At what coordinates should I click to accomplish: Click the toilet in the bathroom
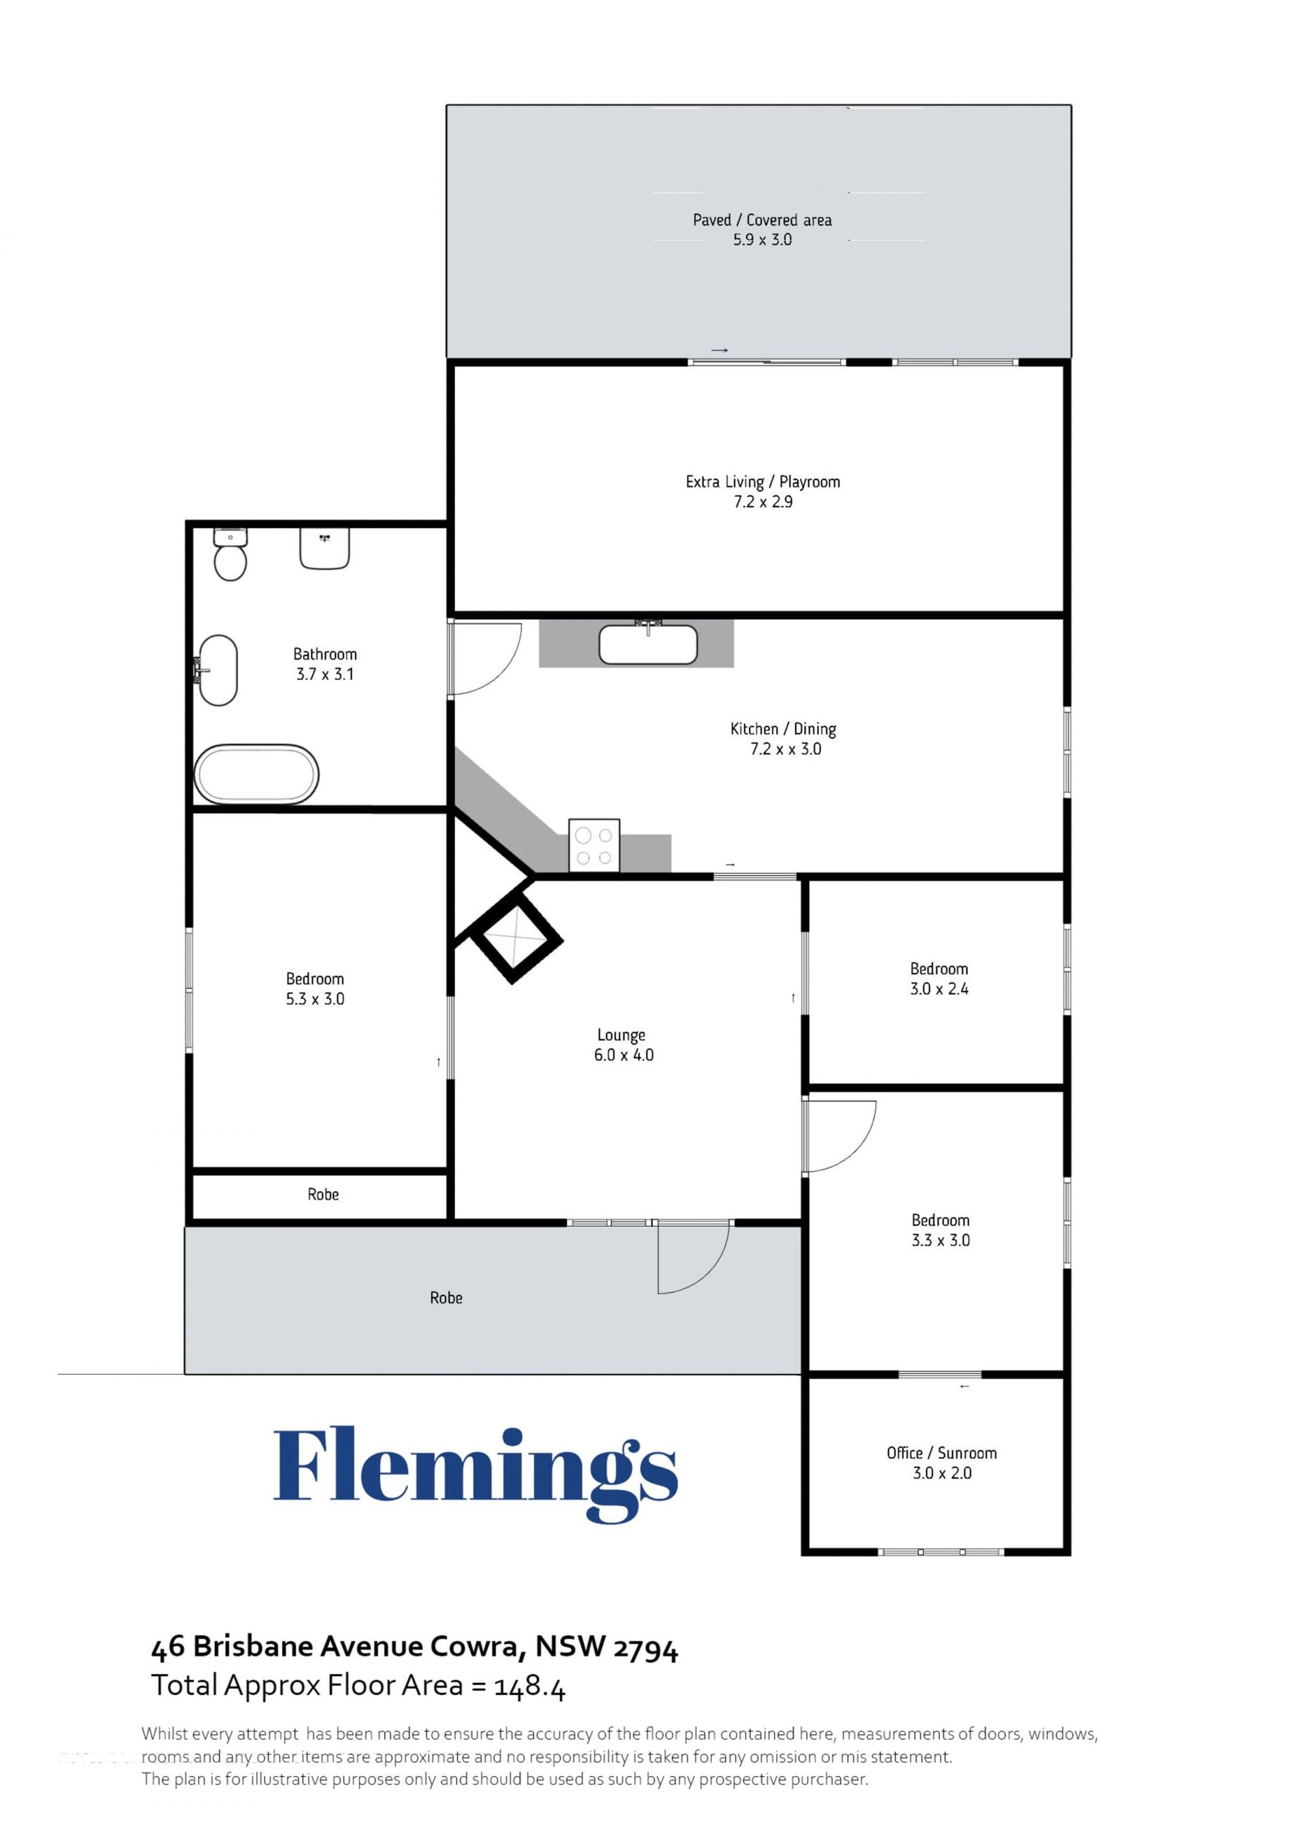point(230,554)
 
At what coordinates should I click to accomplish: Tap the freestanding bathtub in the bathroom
point(256,774)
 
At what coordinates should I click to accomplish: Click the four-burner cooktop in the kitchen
point(595,845)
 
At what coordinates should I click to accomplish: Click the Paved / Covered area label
point(763,220)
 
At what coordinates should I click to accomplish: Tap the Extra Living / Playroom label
point(763,481)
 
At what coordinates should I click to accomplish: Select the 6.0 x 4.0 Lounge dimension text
point(624,1055)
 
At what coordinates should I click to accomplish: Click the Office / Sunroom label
point(941,1453)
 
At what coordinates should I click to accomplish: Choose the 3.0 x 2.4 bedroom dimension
point(939,989)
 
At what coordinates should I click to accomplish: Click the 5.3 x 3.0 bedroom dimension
point(315,999)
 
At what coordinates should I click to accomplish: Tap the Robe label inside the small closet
point(323,1195)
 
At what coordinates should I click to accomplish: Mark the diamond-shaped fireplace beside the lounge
point(516,939)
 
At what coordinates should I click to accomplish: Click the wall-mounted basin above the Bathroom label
point(325,548)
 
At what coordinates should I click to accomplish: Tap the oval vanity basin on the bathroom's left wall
point(217,670)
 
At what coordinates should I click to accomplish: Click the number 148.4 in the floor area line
point(530,1686)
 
